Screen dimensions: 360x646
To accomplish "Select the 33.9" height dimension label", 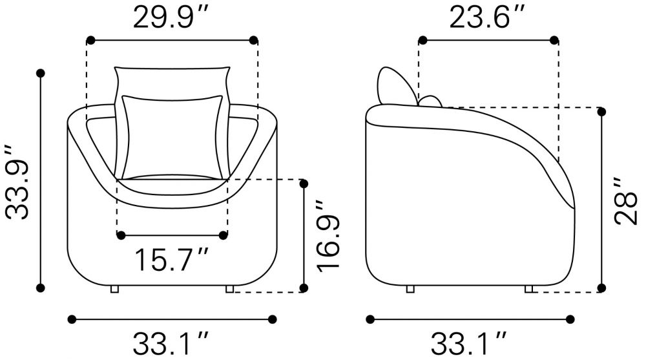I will click(x=17, y=181).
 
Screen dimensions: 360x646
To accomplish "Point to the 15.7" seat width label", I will click(x=171, y=260).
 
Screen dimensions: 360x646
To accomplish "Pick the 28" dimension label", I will click(x=625, y=200).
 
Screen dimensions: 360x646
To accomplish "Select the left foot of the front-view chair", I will click(x=114, y=289).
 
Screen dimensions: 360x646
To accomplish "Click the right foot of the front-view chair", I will click(x=229, y=289).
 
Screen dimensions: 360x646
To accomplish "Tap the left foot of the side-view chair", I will click(x=410, y=289).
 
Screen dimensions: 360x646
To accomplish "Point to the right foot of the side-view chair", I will click(x=529, y=289).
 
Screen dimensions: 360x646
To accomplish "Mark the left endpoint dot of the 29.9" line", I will click(x=90, y=40).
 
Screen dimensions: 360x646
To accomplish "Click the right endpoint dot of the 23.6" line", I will click(x=554, y=40).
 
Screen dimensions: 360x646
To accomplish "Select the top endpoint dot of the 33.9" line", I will click(x=41, y=73).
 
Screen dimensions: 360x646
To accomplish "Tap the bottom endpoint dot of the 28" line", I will click(x=601, y=288).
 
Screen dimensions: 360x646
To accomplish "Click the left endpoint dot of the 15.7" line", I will click(x=120, y=235).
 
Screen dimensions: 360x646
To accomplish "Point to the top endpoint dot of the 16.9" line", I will click(x=304, y=184).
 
